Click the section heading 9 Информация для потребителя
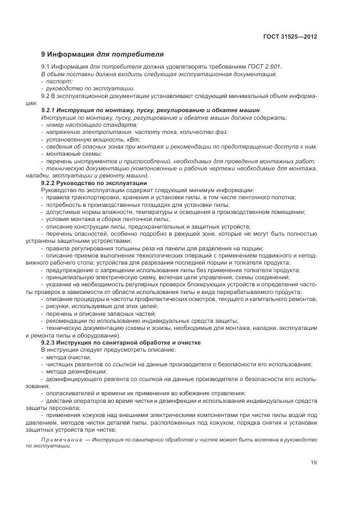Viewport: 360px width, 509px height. tap(102, 54)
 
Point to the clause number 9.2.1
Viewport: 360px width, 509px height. tap(51, 110)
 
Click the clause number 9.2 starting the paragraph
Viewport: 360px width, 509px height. tap(46, 95)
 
